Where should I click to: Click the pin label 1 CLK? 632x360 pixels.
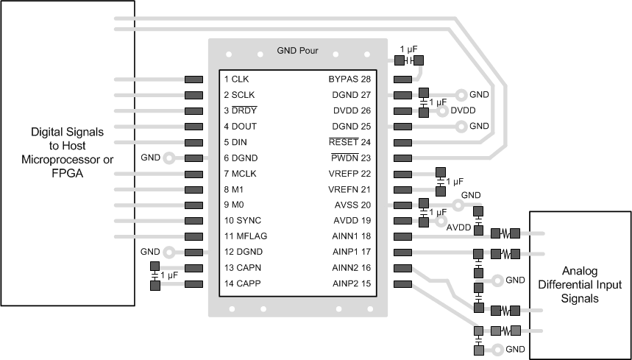236,79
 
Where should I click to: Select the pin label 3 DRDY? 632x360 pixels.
241,110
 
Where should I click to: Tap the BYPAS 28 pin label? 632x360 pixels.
349,79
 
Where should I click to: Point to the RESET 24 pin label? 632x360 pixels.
349,142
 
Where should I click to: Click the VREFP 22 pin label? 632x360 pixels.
349,174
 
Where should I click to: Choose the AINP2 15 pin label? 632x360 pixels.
352,283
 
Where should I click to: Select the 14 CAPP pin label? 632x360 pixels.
242,283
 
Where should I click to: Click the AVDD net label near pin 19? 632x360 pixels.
459,227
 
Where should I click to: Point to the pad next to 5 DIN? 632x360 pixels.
193,142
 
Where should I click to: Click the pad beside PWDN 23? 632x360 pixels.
402,158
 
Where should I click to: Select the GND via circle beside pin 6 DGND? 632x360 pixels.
168,158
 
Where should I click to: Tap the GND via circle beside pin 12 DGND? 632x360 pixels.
168,252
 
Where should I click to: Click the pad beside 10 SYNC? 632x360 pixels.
193,221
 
